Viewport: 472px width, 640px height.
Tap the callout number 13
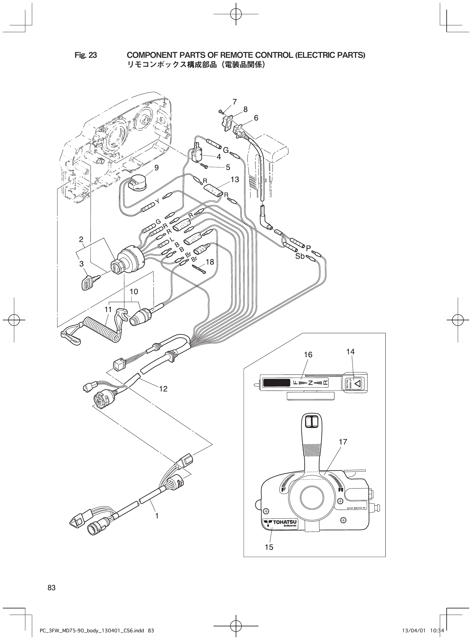point(235,179)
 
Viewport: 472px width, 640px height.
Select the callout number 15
point(269,547)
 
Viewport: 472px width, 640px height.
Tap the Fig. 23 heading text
point(86,55)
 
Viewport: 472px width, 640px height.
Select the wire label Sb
point(300,256)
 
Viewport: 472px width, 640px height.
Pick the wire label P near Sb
point(308,247)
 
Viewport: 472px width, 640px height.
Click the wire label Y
point(157,202)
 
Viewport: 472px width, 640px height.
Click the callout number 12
point(163,389)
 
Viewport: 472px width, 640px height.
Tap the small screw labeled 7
point(221,111)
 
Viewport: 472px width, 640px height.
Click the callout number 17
point(343,442)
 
